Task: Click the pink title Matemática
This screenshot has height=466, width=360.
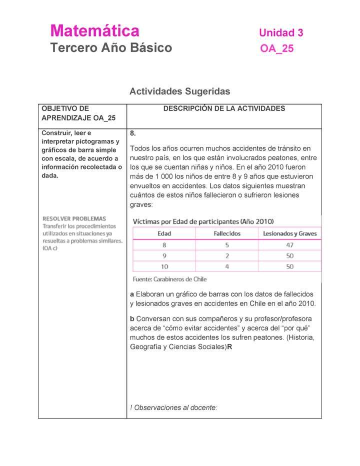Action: point(94,31)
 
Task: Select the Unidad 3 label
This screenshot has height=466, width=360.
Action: point(281,33)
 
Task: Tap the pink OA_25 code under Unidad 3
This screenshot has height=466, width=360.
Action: point(277,48)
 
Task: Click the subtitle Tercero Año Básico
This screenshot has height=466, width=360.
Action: point(111,48)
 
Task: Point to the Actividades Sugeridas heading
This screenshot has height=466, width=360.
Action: point(179,91)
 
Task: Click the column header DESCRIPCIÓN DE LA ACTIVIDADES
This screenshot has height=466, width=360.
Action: point(224,108)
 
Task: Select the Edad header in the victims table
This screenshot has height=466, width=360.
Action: point(164,233)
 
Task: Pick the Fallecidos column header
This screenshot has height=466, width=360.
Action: point(227,233)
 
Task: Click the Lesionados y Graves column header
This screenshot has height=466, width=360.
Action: point(289,233)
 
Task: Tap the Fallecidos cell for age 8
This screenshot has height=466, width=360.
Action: point(227,245)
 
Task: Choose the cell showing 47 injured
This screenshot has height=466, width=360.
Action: point(289,245)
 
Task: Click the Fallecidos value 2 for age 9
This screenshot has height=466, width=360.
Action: point(227,256)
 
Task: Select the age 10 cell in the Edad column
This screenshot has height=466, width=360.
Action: point(164,267)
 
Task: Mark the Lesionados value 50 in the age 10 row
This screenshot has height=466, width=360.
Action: point(289,267)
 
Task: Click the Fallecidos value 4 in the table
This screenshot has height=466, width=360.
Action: point(227,267)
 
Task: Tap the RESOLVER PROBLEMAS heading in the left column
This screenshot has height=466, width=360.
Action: point(74,218)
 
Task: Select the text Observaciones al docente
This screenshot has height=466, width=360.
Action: point(175,407)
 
